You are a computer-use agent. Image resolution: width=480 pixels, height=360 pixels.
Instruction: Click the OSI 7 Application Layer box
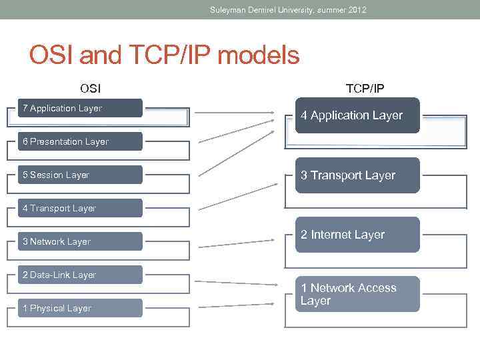point(80,108)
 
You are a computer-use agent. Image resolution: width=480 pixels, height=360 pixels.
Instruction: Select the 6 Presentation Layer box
point(80,141)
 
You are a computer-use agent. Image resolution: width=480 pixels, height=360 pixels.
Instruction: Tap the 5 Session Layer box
point(80,175)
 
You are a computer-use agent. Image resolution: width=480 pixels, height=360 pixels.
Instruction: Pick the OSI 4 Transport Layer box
point(80,208)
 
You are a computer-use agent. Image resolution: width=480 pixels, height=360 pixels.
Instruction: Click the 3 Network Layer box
point(80,241)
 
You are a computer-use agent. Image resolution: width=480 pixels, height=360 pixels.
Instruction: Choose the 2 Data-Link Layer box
point(80,275)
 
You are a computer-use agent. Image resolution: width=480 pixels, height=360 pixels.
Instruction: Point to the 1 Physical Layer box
point(80,308)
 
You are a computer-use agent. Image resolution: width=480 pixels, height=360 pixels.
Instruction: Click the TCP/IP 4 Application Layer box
point(357,115)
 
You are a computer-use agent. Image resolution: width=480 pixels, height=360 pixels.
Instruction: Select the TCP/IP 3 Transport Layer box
point(357,175)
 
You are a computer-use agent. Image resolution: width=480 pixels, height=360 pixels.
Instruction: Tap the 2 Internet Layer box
point(357,235)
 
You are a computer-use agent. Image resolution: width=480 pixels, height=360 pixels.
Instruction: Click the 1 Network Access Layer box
point(357,294)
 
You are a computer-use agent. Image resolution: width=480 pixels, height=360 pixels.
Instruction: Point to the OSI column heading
point(91,88)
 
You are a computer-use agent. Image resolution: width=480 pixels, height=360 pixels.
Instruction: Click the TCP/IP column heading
point(365,88)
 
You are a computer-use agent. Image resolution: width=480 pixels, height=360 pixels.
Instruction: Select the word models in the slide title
point(258,55)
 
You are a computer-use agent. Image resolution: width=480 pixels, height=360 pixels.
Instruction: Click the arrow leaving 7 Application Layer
point(233,112)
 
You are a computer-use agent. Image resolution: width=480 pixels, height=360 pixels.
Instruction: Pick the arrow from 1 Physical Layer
point(236,306)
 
